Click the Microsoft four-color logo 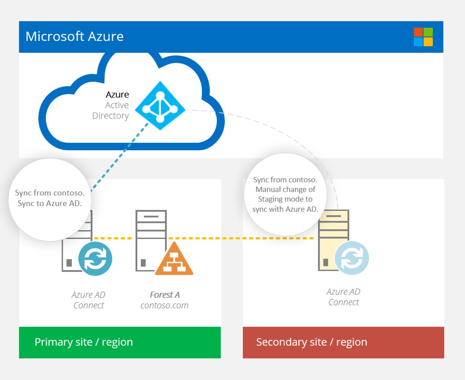(423, 37)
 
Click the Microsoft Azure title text (74, 36)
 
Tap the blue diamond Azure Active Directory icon (159, 105)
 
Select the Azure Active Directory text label (110, 105)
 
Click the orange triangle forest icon (174, 260)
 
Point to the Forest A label (165, 295)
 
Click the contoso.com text (165, 305)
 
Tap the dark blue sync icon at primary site (95, 259)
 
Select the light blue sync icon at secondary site (351, 258)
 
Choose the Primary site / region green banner (120, 342)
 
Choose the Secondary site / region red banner (344, 342)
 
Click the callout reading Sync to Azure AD (50, 199)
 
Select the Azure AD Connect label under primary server (89, 300)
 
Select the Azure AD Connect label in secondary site (344, 297)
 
